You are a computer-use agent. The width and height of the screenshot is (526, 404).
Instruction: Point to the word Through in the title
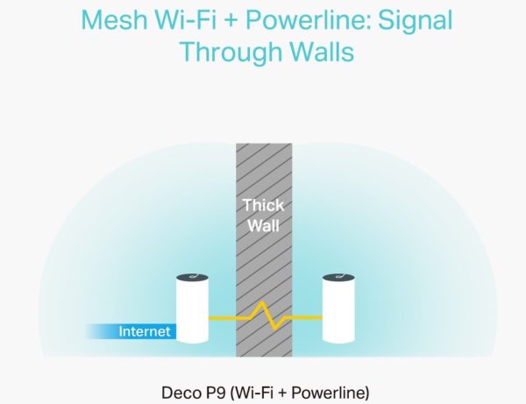229,51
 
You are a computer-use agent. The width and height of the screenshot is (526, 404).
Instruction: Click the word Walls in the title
318,51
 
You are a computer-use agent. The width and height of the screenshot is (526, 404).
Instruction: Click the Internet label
145,332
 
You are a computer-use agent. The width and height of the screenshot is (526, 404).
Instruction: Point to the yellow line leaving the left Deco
221,316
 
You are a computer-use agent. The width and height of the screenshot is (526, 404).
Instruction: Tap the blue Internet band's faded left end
92,332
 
